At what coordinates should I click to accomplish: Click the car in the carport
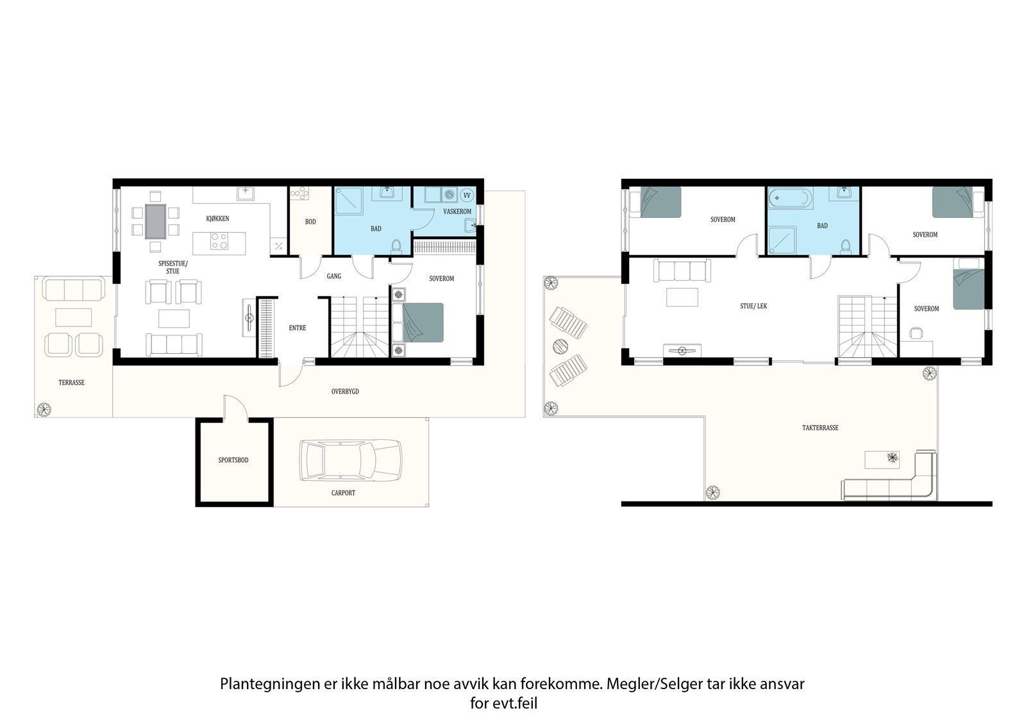(350, 460)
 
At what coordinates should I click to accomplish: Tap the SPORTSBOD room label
(233, 460)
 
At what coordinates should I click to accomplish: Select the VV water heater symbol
(467, 196)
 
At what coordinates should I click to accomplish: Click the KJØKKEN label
(217, 219)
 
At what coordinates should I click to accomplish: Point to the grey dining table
(156, 222)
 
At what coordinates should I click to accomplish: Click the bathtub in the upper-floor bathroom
(789, 199)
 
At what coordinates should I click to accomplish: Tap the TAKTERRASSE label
(820, 428)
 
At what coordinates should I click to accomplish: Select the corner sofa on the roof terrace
(889, 476)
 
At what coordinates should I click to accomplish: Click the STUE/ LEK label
(753, 306)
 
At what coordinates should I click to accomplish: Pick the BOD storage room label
(310, 222)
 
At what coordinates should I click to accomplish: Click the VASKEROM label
(457, 212)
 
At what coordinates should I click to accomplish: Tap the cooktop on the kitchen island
(219, 242)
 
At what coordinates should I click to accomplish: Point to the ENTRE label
(298, 328)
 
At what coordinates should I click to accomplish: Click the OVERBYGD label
(345, 392)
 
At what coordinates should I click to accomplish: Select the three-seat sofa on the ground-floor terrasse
(74, 289)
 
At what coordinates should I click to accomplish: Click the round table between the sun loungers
(560, 347)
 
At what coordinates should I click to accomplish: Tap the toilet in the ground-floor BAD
(397, 246)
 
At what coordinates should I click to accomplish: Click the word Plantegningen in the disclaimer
(270, 684)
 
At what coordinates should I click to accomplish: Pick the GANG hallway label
(334, 276)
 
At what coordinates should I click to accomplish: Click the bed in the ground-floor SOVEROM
(417, 322)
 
